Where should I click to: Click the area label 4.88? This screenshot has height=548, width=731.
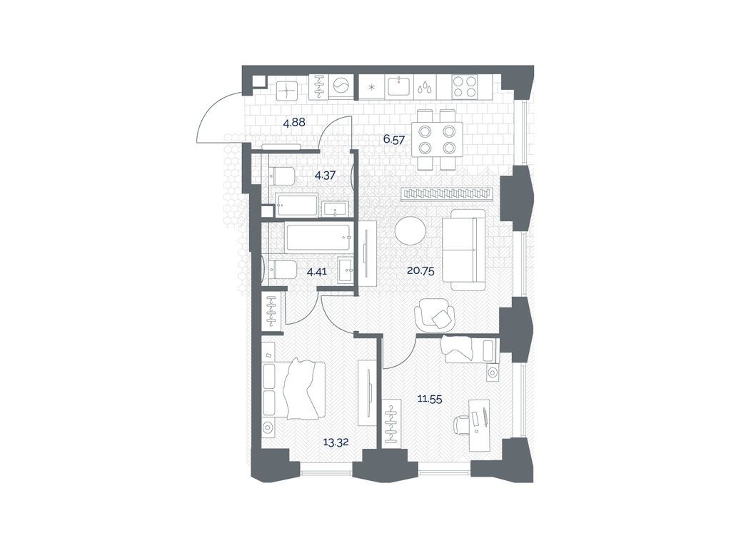[294, 123]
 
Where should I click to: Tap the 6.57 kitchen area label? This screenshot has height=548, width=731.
[394, 140]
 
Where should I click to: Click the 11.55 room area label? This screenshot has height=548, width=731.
[430, 400]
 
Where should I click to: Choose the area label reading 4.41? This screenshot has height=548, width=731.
[318, 271]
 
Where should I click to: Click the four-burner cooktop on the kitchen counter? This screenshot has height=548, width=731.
[465, 86]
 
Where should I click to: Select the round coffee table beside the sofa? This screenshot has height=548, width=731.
[410, 230]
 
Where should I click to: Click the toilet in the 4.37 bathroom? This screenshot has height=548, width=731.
[283, 175]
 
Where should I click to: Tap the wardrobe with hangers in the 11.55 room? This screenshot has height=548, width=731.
[391, 424]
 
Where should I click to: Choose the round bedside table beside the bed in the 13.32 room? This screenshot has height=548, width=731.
[269, 429]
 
